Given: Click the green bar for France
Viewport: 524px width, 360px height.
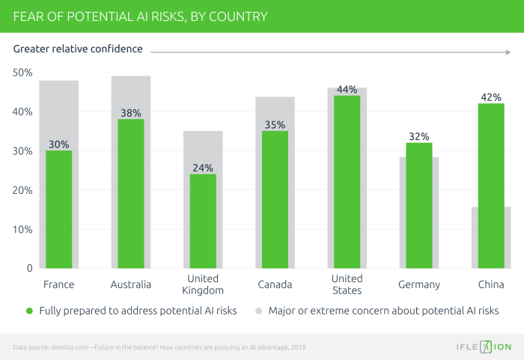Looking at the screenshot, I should [x=58, y=210].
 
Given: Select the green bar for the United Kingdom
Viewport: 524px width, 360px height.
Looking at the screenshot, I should [x=203, y=221].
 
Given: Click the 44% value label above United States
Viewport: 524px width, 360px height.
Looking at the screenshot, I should [x=347, y=90].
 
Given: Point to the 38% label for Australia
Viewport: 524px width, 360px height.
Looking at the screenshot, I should [x=130, y=113].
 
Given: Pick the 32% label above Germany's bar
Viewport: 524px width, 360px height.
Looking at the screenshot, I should [x=418, y=137].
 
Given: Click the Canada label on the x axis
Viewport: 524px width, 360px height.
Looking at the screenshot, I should [x=274, y=285].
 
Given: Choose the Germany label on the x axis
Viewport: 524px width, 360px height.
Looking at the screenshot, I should [x=418, y=285].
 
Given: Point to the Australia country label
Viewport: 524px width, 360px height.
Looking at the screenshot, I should [x=130, y=285].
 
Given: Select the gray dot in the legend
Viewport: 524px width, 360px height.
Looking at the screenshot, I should [x=258, y=311].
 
